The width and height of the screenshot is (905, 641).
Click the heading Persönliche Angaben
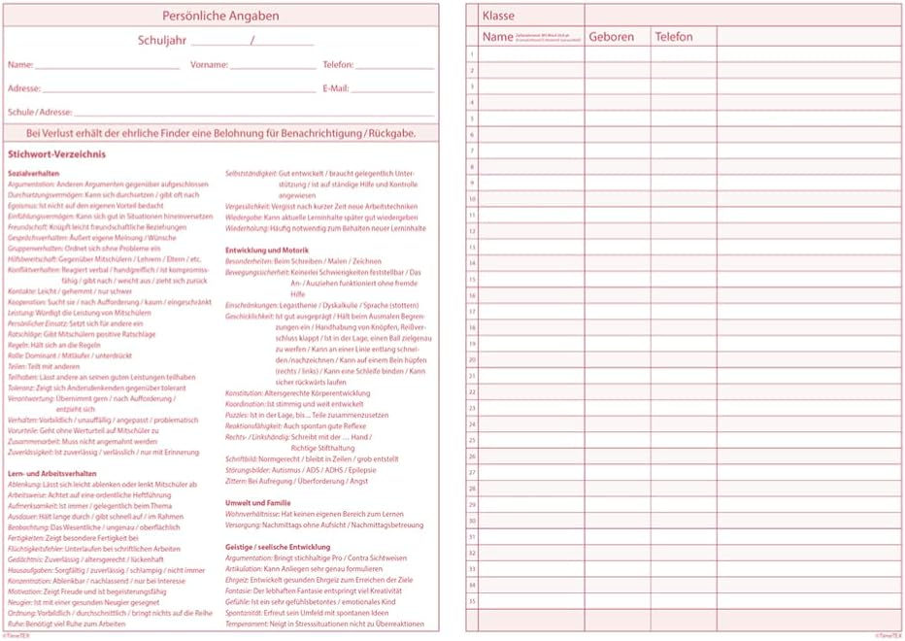click(220, 16)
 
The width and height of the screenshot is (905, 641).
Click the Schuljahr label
click(162, 41)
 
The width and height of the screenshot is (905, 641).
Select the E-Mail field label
click(334, 88)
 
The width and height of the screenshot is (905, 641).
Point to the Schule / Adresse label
click(40, 112)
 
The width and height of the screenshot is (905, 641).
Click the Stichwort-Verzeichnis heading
click(56, 154)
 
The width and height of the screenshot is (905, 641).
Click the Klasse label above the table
click(497, 17)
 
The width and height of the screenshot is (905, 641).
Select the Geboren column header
click(611, 37)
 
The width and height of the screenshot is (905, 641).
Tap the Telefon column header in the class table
click(673, 37)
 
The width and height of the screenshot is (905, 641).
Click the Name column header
click(497, 37)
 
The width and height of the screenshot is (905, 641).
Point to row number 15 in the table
click(472, 279)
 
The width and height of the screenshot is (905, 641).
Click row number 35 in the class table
click(472, 600)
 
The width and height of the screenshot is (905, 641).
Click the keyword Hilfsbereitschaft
click(31, 259)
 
